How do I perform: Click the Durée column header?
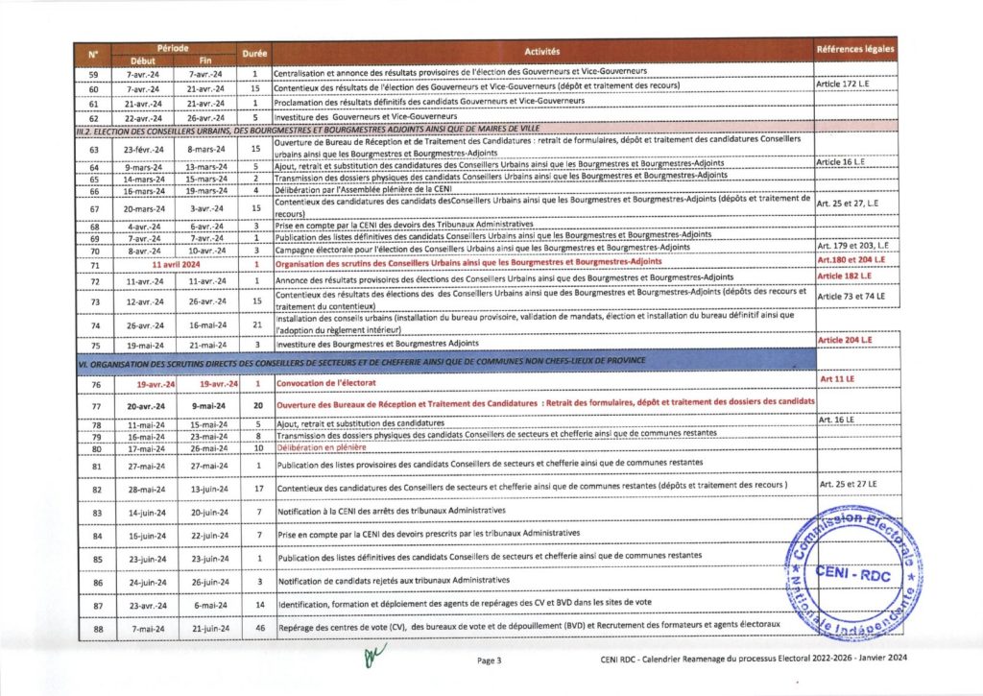tap(255, 55)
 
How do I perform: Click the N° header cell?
tap(93, 55)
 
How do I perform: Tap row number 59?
tap(94, 73)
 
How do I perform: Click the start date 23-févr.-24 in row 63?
tap(141, 149)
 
